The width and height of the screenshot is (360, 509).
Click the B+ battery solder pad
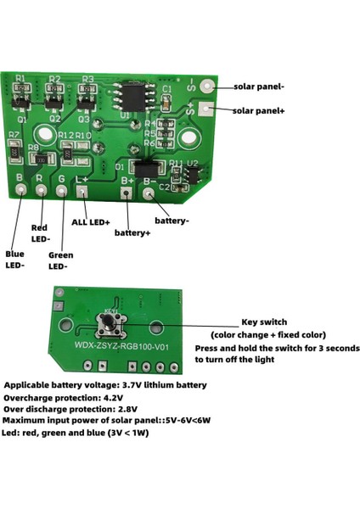[127, 193]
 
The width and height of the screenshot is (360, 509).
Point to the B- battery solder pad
[149, 193]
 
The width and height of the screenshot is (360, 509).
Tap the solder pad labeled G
[61, 191]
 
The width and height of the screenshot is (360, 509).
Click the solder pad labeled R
[40, 191]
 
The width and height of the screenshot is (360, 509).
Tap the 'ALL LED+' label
[90, 222]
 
